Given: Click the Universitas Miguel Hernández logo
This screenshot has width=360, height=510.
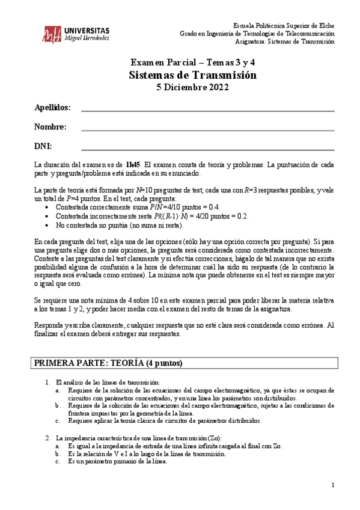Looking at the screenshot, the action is click(76, 34).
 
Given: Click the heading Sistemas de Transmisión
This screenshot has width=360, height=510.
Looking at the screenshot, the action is click(192, 75).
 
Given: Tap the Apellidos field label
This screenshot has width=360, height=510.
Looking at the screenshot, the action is click(52, 108).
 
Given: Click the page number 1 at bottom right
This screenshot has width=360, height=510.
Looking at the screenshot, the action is click(333, 485).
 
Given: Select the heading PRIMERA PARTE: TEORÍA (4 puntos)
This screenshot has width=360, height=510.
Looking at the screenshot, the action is click(108, 363).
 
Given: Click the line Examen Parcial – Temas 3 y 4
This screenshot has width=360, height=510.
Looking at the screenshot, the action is click(192, 63).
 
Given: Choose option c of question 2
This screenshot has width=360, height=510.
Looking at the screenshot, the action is click(57, 461).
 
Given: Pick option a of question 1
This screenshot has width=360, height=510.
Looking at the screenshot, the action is click(57, 390).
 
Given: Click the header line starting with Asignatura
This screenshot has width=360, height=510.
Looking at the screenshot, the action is click(287, 42).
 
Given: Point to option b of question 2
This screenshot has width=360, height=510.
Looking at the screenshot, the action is click(57, 454).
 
